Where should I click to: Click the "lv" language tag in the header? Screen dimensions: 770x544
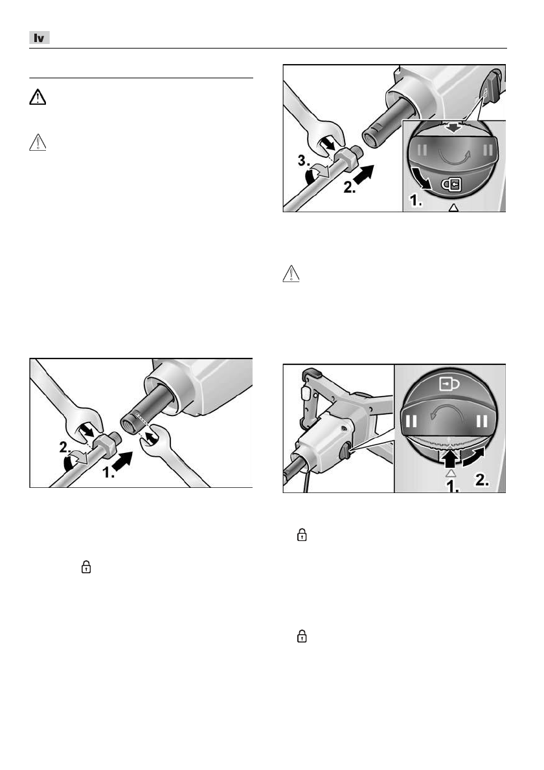click(40, 38)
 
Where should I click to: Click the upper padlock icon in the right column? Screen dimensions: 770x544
click(301, 536)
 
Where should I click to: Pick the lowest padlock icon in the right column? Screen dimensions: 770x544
click(301, 637)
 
